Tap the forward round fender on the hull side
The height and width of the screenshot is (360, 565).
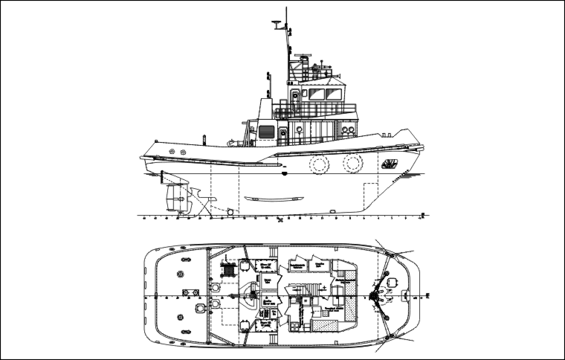pyautogui.click(x=352, y=163)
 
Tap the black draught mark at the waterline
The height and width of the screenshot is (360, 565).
pyautogui.click(x=286, y=173)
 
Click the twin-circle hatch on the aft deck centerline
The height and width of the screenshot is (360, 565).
pyautogui.click(x=199, y=306)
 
